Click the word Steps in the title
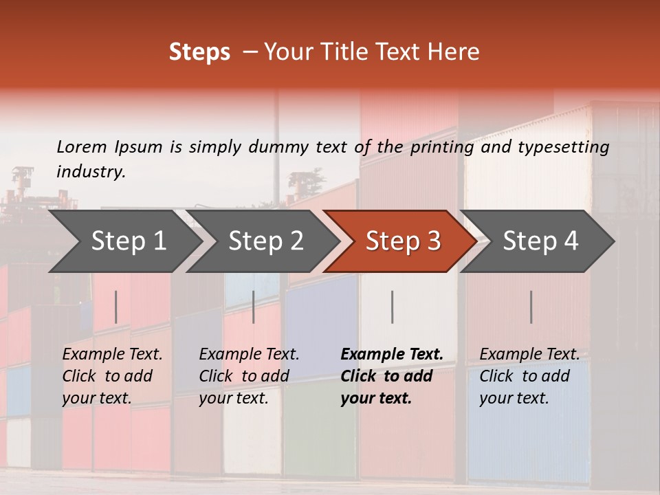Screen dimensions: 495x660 click(199, 52)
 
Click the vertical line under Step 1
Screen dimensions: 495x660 click(115, 307)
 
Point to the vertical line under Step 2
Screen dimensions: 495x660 click(254, 307)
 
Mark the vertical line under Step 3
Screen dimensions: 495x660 click(392, 307)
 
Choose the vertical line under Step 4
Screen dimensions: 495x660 click(531, 307)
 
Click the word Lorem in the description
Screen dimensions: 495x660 click(82, 147)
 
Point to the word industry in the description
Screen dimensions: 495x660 click(91, 172)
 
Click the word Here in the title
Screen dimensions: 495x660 click(453, 52)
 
